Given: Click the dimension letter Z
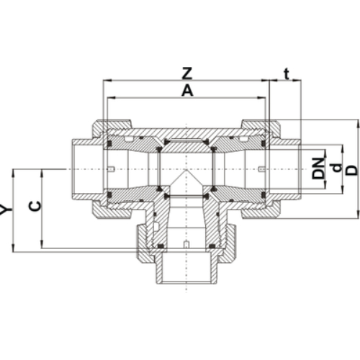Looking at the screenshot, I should (x=186, y=73).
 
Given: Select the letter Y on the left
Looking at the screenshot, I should (x=6, y=210).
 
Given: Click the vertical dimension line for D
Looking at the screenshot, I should (x=358, y=169).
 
